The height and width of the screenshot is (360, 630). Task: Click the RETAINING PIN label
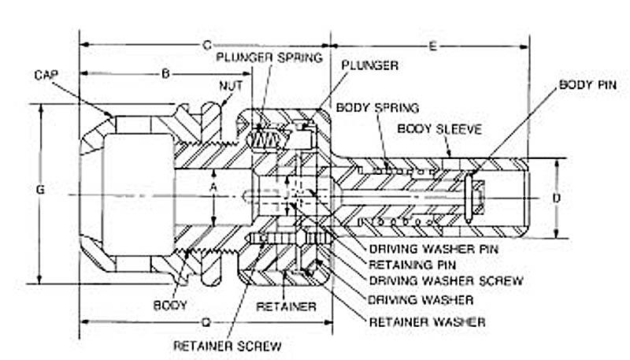[413, 265]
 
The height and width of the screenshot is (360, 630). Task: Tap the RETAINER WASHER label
[428, 321]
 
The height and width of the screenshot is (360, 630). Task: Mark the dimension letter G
[42, 190]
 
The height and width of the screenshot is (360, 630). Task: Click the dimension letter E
[432, 46]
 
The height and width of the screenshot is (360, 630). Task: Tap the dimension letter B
[165, 74]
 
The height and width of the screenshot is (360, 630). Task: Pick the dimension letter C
[207, 45]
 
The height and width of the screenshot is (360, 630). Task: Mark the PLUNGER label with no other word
[370, 65]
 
